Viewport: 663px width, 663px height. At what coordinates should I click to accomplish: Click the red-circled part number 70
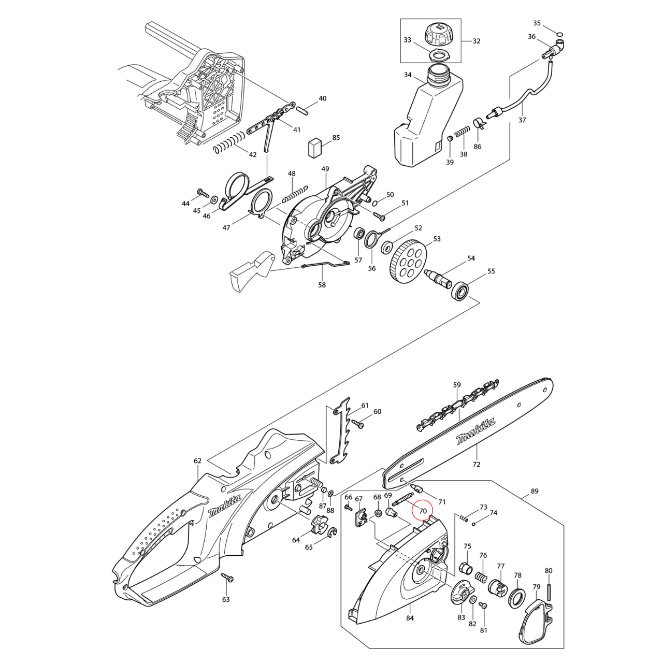pyautogui.click(x=423, y=511)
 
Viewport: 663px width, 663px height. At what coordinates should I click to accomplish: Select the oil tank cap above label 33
pyautogui.click(x=439, y=35)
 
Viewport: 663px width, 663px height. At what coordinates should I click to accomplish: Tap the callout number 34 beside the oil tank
pyautogui.click(x=408, y=75)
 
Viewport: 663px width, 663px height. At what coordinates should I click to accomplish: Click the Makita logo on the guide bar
pyautogui.click(x=475, y=431)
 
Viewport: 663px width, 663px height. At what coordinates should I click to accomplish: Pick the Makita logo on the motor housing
pyautogui.click(x=224, y=506)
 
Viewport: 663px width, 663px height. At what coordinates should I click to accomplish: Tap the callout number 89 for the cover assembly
pyautogui.click(x=535, y=491)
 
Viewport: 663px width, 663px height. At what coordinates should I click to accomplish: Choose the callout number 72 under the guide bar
pyautogui.click(x=476, y=464)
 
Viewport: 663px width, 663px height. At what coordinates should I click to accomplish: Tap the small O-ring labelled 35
pyautogui.click(x=559, y=34)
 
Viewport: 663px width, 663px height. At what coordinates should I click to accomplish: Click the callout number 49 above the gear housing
pyautogui.click(x=325, y=169)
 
